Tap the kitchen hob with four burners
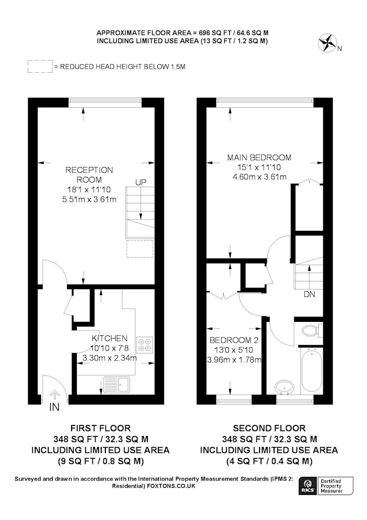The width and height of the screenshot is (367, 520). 145,344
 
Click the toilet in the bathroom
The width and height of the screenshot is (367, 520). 312,330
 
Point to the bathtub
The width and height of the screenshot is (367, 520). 312,370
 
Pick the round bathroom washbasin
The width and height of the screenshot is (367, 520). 284,387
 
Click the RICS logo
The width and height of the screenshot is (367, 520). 307,486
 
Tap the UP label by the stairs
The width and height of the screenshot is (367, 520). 141,182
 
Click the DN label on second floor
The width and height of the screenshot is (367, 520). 309,294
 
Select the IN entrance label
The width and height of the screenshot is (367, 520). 55,407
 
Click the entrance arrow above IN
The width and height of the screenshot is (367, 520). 55,396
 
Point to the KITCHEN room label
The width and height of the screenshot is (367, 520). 110,339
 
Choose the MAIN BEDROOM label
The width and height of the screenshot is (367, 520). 260,157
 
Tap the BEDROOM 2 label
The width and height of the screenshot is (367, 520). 234,340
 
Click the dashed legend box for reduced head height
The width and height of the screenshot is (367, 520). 40,67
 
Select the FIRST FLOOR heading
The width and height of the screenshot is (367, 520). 101,428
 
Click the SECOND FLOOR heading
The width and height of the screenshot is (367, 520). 269,428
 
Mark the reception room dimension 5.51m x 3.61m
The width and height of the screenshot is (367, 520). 89,199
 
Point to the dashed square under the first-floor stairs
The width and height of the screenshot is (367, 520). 140,249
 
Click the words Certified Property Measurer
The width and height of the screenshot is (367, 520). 331,486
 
